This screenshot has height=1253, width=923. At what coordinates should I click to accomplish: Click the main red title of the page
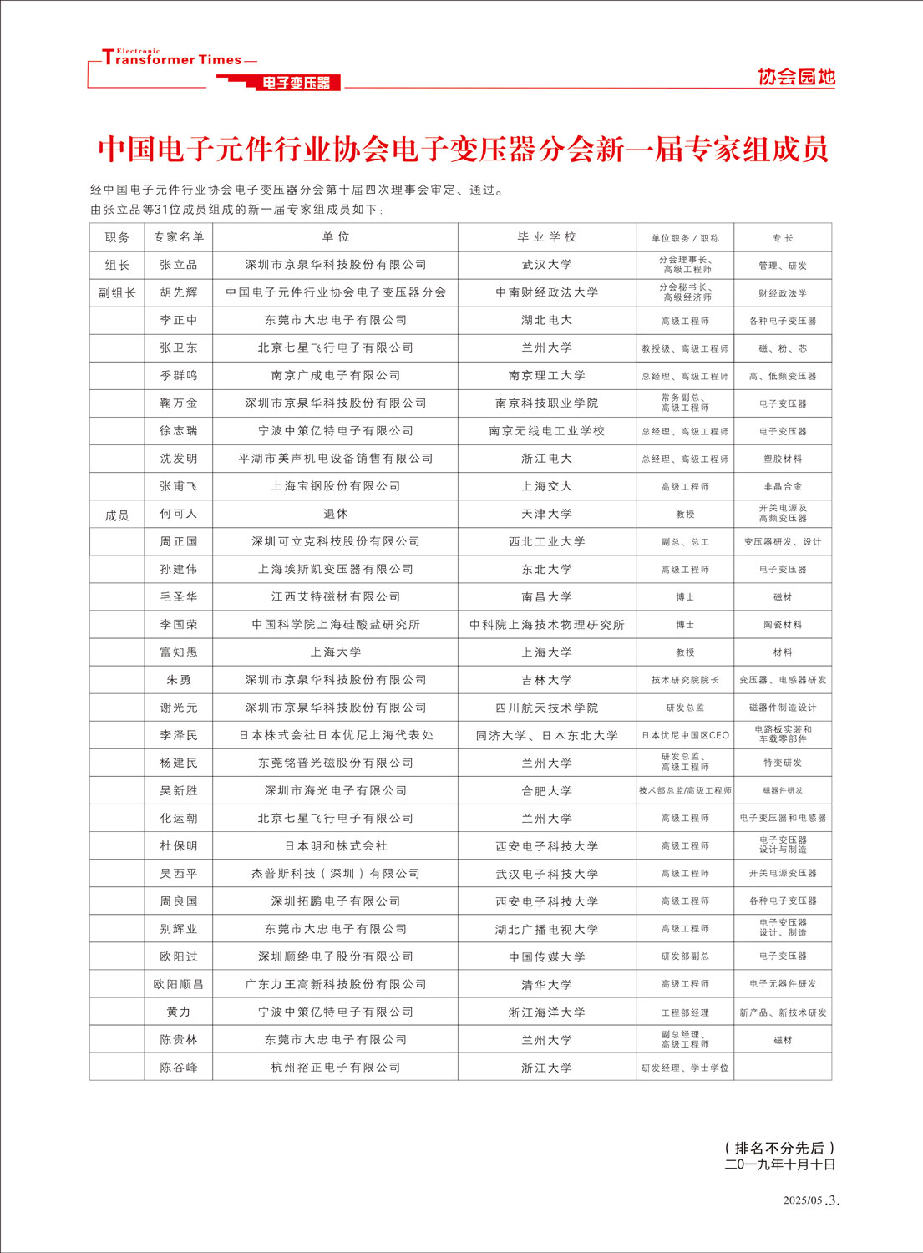point(463,149)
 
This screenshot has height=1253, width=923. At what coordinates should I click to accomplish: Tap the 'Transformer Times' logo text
point(172,59)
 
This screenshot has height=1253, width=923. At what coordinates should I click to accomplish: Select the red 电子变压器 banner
point(297,83)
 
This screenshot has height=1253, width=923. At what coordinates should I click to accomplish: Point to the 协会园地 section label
point(796,77)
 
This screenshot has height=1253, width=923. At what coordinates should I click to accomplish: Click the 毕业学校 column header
point(546,237)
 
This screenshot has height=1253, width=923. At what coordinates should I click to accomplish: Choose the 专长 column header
point(782,238)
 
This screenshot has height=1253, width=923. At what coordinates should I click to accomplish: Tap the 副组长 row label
point(117,292)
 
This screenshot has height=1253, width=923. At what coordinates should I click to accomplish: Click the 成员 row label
point(117,515)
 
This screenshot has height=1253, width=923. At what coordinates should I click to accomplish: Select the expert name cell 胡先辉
point(179,292)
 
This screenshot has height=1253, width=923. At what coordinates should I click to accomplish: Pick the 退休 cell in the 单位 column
point(335,514)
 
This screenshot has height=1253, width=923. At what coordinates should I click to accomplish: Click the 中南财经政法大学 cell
point(546,292)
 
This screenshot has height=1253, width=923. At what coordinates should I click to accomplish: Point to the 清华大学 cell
point(546,985)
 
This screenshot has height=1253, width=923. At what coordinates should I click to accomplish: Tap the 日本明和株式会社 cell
point(335,846)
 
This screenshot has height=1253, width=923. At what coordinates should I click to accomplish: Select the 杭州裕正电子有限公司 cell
point(335,1068)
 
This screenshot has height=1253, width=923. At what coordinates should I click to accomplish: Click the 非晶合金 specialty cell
point(782,486)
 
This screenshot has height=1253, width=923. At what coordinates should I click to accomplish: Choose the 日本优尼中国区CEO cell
point(685,735)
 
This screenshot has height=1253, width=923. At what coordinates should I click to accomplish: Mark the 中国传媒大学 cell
point(546,957)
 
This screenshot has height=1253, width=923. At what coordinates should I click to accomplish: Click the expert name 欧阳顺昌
point(179,985)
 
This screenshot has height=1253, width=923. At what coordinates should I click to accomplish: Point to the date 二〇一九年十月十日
point(779,1164)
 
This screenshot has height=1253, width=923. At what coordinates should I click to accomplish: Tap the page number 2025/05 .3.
point(810,1200)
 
